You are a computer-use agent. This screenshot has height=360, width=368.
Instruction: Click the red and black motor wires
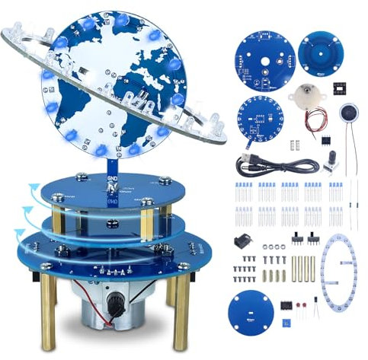[318, 119]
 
